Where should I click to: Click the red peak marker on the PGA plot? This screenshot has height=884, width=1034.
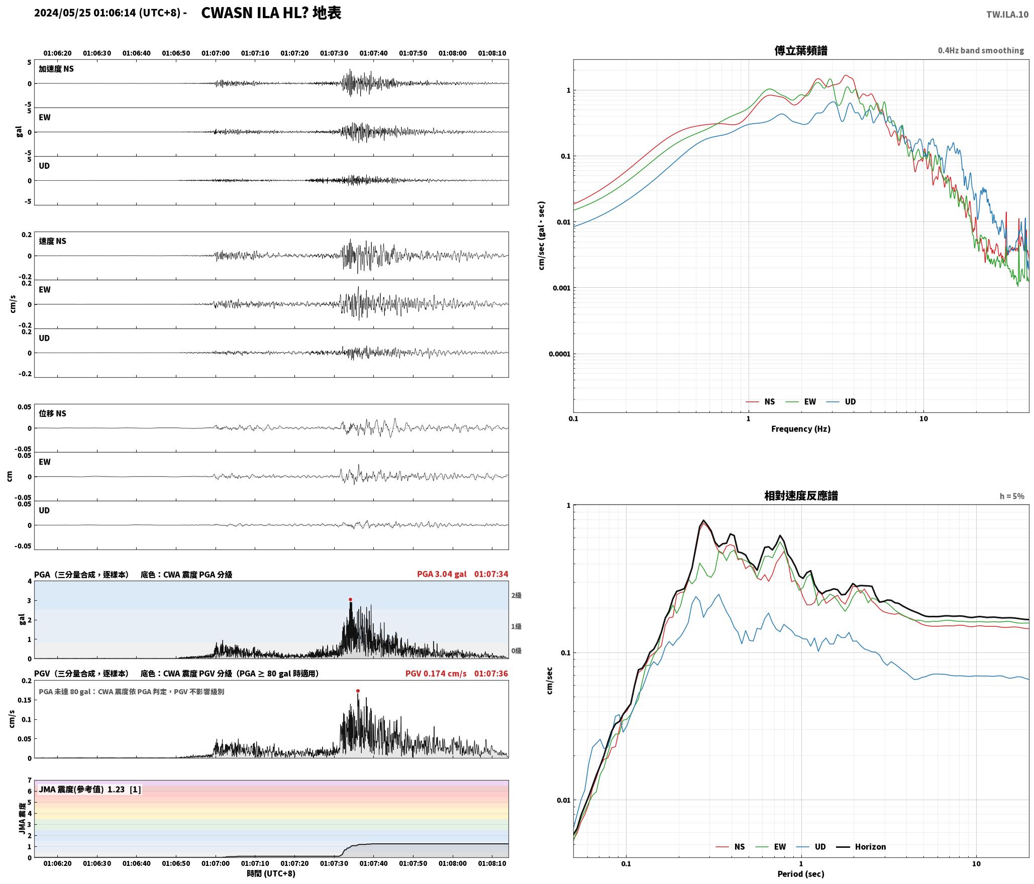350,599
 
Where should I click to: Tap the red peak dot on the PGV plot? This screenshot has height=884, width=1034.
358,691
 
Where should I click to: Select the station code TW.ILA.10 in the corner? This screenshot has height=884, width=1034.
1007,15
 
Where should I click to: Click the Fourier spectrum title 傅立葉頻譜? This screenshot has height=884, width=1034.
801,50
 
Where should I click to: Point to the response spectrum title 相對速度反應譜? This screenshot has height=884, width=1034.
801,496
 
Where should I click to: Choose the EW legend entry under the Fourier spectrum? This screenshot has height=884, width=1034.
801,402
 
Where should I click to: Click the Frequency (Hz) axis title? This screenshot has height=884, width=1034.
801,429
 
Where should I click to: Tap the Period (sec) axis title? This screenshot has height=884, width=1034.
801,874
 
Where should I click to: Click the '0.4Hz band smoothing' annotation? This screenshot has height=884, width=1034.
981,50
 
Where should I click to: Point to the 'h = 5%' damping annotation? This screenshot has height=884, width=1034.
1012,496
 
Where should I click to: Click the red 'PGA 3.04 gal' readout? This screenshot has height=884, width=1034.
442,574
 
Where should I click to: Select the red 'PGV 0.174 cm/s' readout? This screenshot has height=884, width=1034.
436,674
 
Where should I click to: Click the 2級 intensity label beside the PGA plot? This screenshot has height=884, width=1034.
516,595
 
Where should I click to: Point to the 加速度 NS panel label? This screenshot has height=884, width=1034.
56,69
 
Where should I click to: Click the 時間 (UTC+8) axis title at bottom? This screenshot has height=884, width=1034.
271,874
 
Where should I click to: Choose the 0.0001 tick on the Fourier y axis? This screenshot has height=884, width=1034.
559,354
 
